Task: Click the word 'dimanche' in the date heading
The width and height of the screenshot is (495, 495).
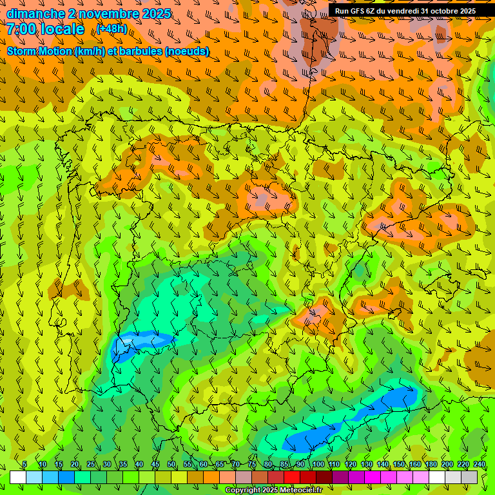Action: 35,14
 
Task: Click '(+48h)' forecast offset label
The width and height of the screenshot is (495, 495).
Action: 113,29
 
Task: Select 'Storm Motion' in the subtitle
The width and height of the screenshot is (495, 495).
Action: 39,51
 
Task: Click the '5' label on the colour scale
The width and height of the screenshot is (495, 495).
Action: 24,465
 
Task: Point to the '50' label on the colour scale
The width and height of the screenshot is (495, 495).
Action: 171,465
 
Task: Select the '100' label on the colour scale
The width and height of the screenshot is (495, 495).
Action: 318,465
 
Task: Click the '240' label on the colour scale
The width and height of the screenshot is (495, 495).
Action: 480,465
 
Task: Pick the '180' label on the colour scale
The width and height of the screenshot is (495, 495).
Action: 431,465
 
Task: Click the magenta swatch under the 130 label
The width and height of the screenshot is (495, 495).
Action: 373,477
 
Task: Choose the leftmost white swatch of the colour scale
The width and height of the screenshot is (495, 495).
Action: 18,477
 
